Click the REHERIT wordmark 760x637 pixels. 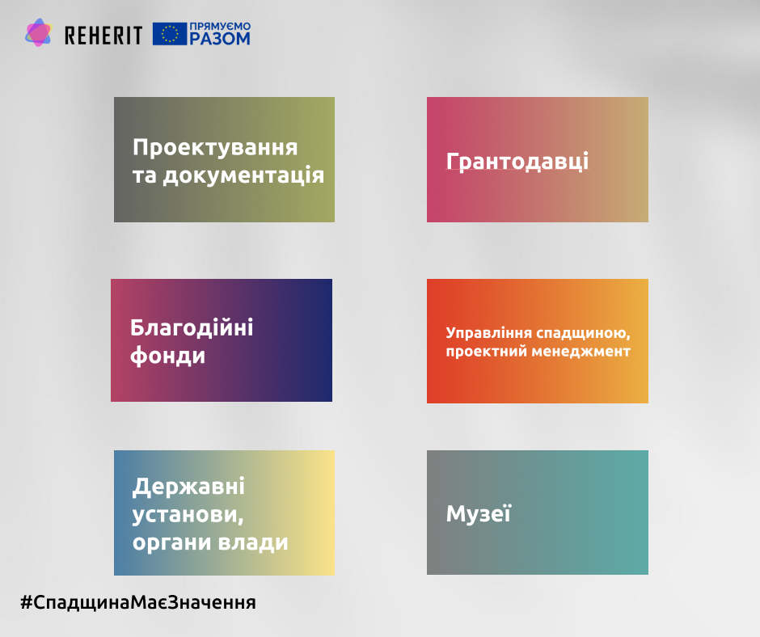(x=103, y=36)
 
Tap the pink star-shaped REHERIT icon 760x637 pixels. (x=38, y=33)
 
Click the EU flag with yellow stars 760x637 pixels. (x=170, y=34)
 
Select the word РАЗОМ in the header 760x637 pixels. (x=220, y=38)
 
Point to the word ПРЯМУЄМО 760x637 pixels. (x=220, y=26)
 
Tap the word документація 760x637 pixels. (x=243, y=175)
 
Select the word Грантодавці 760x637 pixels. (x=517, y=162)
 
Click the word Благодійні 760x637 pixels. (x=192, y=327)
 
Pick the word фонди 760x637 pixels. (x=167, y=356)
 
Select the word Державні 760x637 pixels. (x=188, y=487)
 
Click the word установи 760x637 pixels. (x=188, y=515)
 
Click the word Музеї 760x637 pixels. (x=479, y=513)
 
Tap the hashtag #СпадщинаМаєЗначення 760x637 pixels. (x=138, y=602)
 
